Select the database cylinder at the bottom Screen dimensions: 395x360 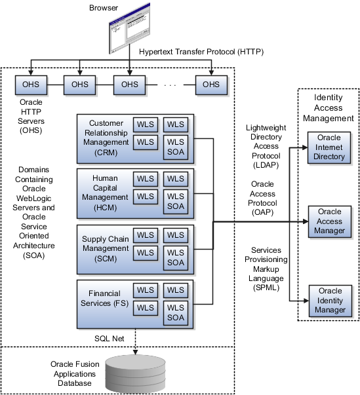[136, 373]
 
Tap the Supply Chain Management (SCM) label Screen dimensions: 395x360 [106, 249]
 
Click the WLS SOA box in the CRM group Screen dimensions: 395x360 [176, 148]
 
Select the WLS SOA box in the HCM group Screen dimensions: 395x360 [176, 202]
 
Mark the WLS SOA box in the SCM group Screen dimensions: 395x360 [176, 257]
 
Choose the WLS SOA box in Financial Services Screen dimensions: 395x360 [176, 312]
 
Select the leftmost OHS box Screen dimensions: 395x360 [31, 85]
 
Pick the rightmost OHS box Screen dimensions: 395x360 [211, 85]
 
